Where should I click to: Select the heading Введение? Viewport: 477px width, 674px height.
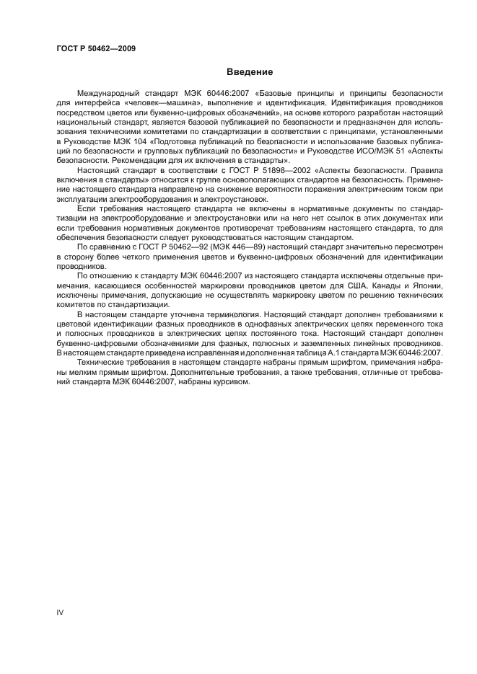[x=250, y=72]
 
